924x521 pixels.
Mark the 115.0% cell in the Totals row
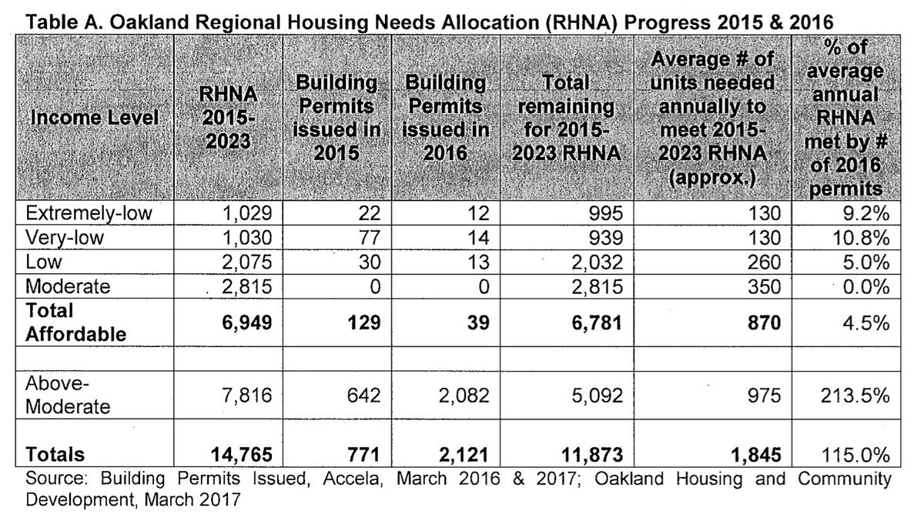(858, 455)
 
